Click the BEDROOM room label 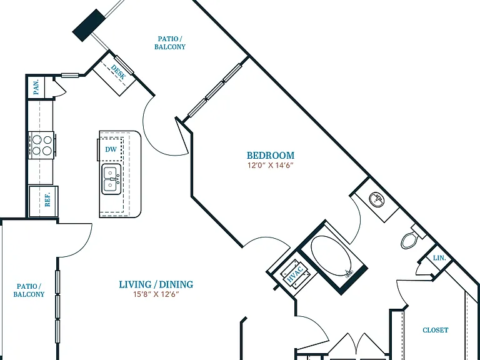click(271, 155)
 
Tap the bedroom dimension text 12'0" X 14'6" click(271, 165)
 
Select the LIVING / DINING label click(156, 284)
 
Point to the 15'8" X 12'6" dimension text click(156, 294)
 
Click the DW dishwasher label click(111, 149)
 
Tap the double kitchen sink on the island click(111, 179)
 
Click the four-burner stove click(42, 145)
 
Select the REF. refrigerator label click(47, 199)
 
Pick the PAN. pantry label click(36, 87)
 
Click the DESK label click(118, 72)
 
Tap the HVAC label click(295, 274)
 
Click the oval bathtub click(331, 256)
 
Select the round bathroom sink click(376, 199)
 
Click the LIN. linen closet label click(439, 258)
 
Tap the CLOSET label click(435, 330)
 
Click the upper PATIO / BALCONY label click(170, 43)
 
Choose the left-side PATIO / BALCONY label click(29, 290)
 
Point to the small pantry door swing click(61, 87)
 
